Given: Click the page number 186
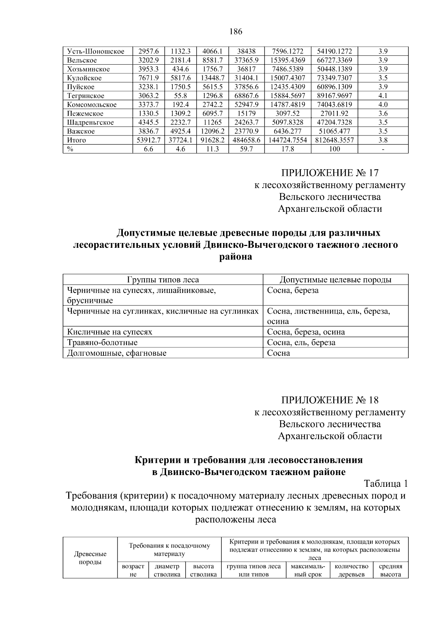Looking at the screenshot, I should coord(236,32).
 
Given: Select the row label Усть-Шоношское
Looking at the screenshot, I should coord(96,51).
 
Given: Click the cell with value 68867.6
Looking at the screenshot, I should coord(246,96).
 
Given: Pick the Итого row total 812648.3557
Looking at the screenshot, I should coord(334,140).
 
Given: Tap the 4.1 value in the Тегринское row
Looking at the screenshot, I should coord(383,96).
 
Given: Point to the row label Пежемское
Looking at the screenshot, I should coord(85,113).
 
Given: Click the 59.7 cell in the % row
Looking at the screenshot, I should coord(246,149).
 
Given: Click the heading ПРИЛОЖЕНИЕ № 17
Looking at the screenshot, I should coord(330,173).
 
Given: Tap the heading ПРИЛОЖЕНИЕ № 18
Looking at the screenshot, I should coord(330,400).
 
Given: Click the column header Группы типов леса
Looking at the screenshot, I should coord(163,280).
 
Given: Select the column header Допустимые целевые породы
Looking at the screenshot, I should coord(335,280).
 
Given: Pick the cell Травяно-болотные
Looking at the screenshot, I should coord(102,343).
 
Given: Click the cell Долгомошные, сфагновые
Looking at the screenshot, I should coord(117,353).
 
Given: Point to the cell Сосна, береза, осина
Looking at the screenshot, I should coord(306,332).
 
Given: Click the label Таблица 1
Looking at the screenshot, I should coord(385,483).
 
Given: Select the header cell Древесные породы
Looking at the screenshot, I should coord(90,558).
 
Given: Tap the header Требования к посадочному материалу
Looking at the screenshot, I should coord(169,550).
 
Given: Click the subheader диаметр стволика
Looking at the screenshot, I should coord(167,571).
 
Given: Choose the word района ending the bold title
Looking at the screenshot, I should coord(235,257).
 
